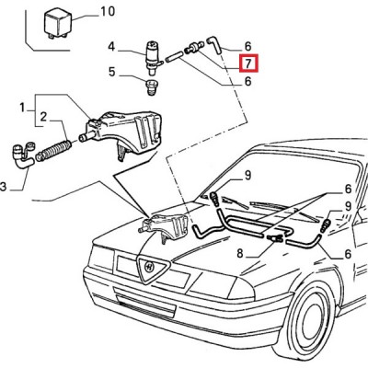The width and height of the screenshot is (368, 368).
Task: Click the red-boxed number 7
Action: [x=248, y=63]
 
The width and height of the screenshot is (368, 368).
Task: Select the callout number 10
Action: [x=107, y=12]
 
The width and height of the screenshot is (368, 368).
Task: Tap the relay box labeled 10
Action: [x=58, y=24]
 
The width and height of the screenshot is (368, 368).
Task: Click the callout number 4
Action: [x=111, y=47]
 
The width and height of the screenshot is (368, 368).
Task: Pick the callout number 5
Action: [x=112, y=73]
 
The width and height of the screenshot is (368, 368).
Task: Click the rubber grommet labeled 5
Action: [x=151, y=87]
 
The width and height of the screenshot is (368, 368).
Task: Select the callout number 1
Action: [x=22, y=108]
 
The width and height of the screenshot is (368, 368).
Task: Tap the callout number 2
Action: [x=43, y=117]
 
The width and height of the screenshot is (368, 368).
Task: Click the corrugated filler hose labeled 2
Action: [x=53, y=150]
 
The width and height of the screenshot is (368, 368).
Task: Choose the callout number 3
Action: [x=3, y=186]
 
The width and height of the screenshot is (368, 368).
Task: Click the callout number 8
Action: [x=240, y=253]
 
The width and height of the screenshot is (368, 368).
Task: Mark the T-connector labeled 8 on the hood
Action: [x=275, y=237]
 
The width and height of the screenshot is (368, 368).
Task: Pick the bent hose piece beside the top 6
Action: [x=214, y=45]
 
